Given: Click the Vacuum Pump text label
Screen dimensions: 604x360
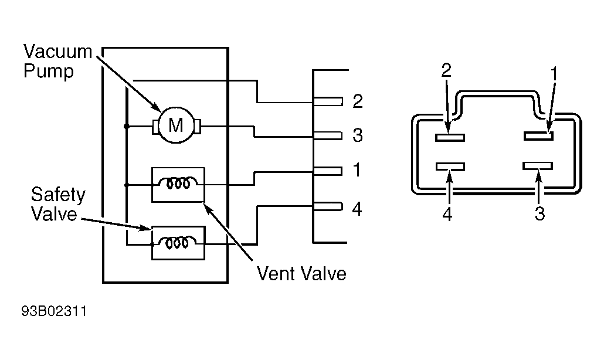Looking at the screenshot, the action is tap(57, 61).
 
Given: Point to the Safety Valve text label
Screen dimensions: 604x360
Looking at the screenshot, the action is tap(58, 205).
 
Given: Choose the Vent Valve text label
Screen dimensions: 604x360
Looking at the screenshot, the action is tap(301, 274).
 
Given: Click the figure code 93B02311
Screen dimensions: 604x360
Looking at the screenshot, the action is tap(55, 311).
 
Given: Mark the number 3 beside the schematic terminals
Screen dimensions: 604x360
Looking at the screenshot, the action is tap(358, 135).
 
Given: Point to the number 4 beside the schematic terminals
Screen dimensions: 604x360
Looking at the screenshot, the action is tap(357, 209).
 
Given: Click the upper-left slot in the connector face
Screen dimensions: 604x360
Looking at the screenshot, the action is tap(450, 137).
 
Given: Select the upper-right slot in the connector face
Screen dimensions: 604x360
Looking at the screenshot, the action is tap(538, 136).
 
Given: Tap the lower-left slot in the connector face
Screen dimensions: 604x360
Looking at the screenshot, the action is tap(450, 167).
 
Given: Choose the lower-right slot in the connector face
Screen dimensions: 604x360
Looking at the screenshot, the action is tap(538, 166).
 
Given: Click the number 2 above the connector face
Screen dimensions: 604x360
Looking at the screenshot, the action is tap(446, 70).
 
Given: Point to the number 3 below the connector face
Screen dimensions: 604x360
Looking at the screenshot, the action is tap(540, 213).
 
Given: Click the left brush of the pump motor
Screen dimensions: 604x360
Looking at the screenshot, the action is tap(155, 127).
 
